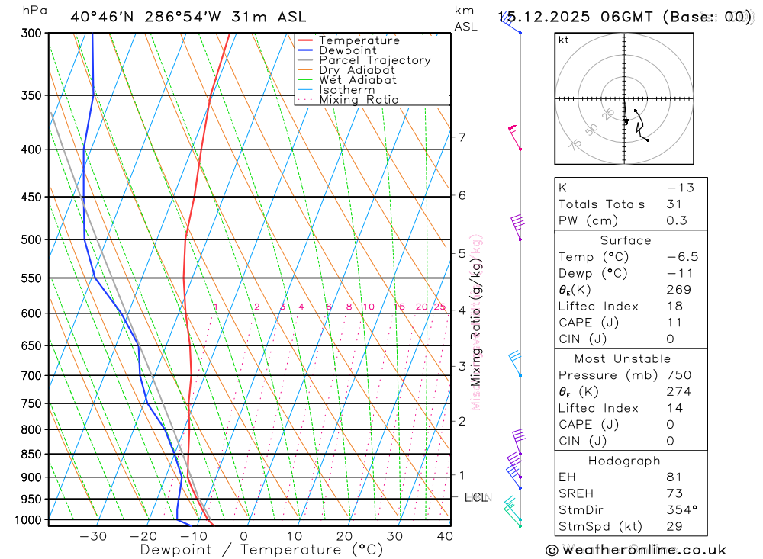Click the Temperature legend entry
click(x=359, y=40)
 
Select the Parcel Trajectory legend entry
click(x=375, y=60)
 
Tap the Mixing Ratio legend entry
click(x=359, y=100)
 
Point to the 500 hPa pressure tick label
click(x=31, y=239)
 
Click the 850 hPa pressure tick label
click(x=31, y=455)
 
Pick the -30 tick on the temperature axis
click(x=93, y=536)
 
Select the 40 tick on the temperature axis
click(x=445, y=536)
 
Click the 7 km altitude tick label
click(x=462, y=137)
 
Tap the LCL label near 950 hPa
click(x=476, y=498)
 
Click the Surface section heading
click(x=626, y=240)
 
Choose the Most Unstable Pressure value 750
click(x=678, y=375)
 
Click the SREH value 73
click(x=674, y=493)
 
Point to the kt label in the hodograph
click(x=564, y=40)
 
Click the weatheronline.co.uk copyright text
click(x=636, y=550)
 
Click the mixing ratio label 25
click(x=439, y=307)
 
